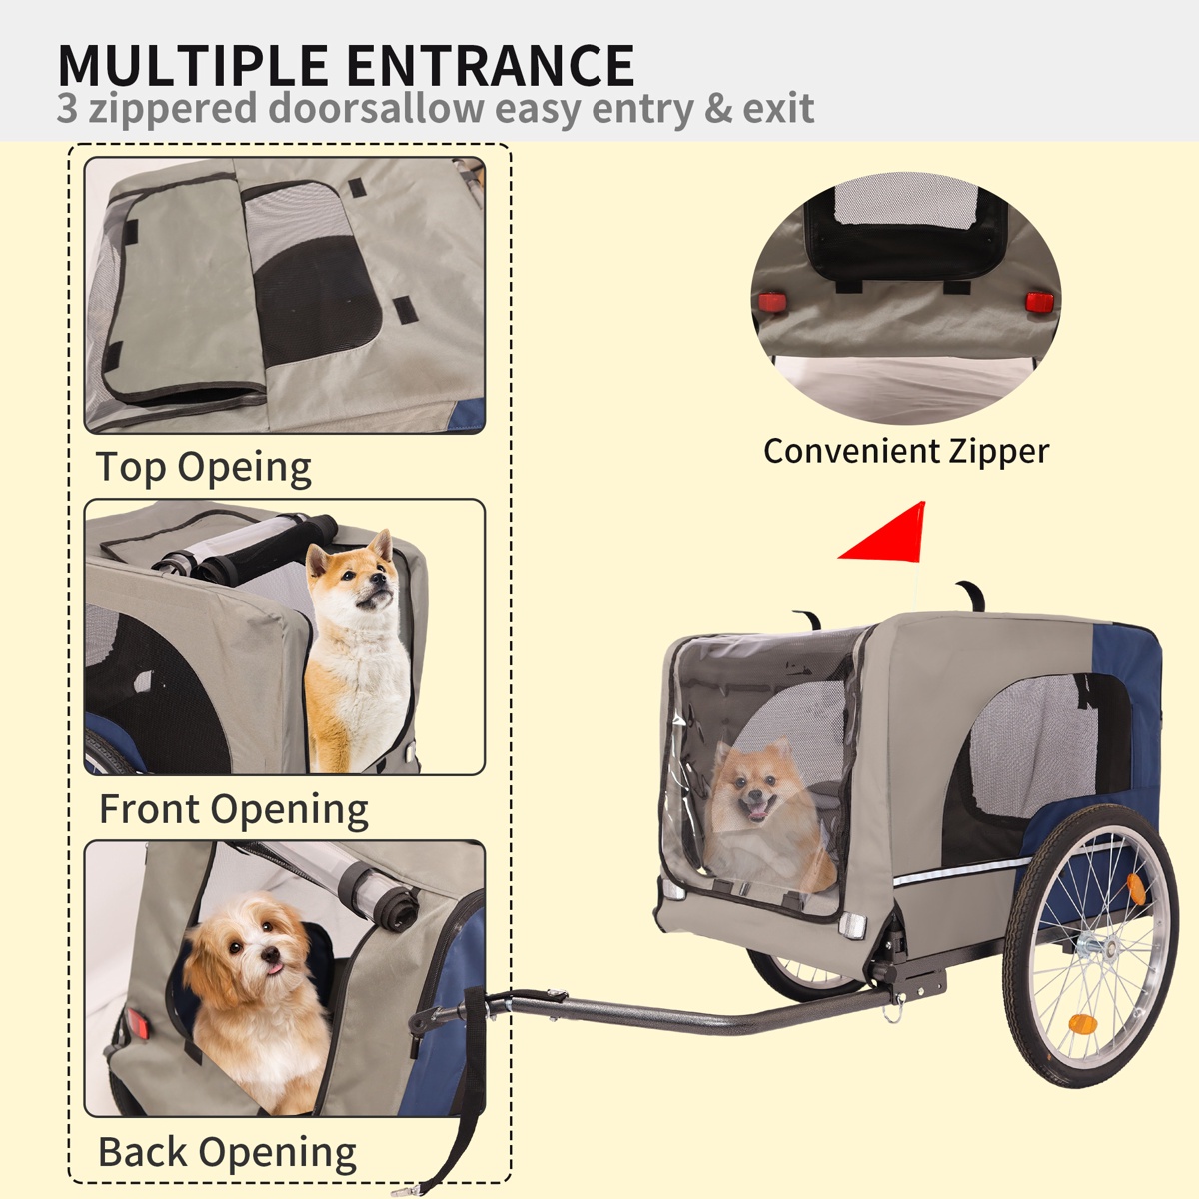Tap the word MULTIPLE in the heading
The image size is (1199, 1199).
[193, 65]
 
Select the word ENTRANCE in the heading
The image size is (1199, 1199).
[491, 65]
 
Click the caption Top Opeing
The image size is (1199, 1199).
[203, 468]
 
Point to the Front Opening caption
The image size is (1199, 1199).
[234, 810]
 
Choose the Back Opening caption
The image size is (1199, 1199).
[227, 1152]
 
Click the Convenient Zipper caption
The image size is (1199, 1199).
[906, 453]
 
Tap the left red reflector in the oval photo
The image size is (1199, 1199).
[772, 303]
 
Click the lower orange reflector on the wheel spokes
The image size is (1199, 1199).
[1082, 1022]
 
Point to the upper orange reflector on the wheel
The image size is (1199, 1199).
[1135, 888]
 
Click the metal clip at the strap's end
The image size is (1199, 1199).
[406, 1190]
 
